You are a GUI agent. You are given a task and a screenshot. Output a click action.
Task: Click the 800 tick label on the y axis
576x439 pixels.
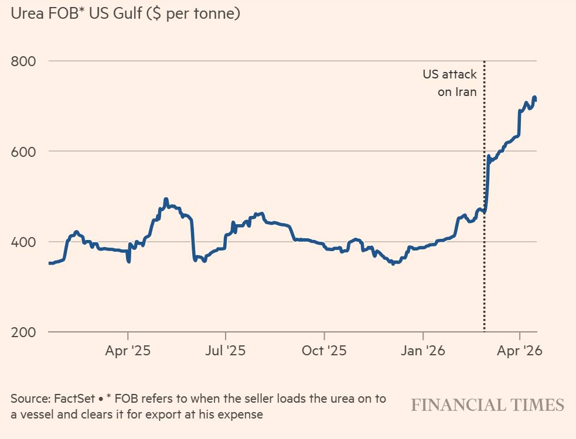23,61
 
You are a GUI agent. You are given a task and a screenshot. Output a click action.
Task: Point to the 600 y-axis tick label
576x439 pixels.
23,151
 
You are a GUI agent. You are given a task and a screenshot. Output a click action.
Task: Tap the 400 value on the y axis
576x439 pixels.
23,242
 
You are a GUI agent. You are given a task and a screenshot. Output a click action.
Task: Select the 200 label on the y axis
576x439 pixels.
23,332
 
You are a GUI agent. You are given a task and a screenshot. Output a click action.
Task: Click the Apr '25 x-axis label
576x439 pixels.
128,351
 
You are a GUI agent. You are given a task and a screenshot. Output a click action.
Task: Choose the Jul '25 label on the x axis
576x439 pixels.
226,351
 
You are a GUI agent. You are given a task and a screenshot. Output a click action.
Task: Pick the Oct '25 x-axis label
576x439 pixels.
324,351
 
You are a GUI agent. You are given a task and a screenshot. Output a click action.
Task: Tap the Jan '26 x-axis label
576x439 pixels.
423,351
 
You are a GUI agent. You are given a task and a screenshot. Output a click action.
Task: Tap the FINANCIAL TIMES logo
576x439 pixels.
488,405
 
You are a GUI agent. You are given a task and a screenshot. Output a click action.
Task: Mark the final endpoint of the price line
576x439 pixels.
535,100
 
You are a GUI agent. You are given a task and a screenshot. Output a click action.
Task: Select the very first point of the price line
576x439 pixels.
49,263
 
